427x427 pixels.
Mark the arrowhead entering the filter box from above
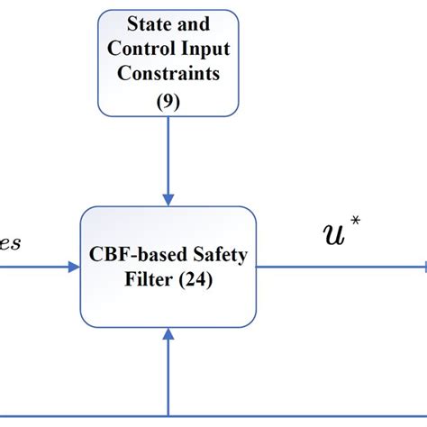[168, 198]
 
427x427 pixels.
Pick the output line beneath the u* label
[342, 267]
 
